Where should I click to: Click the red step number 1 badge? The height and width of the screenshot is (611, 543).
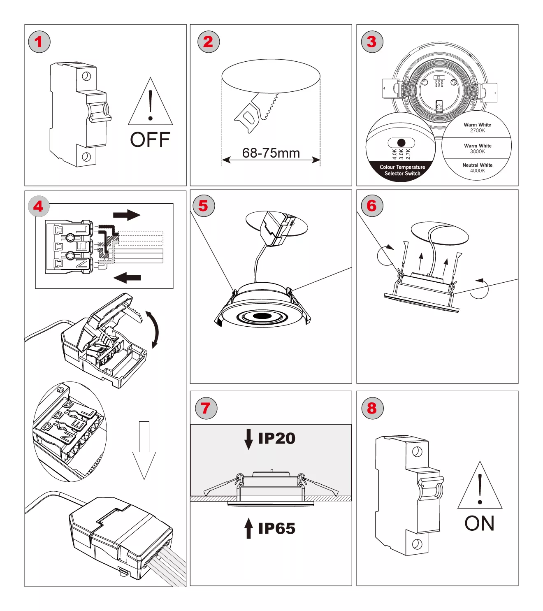click(39, 42)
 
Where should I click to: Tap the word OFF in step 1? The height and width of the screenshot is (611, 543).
click(150, 140)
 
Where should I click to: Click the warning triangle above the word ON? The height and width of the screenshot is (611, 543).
click(480, 487)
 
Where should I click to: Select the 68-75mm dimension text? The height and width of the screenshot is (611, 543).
click(271, 153)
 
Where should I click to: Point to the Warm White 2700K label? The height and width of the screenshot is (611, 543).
click(477, 128)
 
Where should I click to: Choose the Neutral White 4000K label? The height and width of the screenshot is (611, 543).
click(477, 168)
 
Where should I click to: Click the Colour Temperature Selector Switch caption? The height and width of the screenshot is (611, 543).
click(402, 170)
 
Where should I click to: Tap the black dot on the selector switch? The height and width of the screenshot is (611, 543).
click(401, 143)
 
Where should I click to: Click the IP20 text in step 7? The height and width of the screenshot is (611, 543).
click(276, 439)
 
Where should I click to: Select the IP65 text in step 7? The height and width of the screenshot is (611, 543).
click(276, 529)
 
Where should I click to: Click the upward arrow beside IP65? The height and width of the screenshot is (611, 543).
click(248, 528)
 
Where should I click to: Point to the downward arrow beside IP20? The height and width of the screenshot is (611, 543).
click(248, 439)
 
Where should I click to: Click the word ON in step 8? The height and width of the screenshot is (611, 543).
click(479, 524)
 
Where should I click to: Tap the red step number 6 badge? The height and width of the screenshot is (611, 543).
click(372, 206)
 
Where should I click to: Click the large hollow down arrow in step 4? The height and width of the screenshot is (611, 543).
click(144, 450)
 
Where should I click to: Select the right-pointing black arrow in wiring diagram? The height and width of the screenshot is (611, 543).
click(127, 215)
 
